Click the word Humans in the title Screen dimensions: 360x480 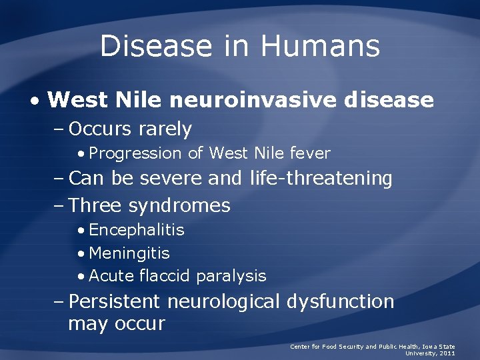(320, 47)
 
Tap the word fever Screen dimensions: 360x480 (310, 153)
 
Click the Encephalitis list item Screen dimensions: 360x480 (137, 230)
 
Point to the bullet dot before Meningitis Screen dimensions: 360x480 (81, 254)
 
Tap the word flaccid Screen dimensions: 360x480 (165, 276)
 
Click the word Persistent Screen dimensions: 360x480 (115, 301)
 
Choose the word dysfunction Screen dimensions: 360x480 (341, 301)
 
